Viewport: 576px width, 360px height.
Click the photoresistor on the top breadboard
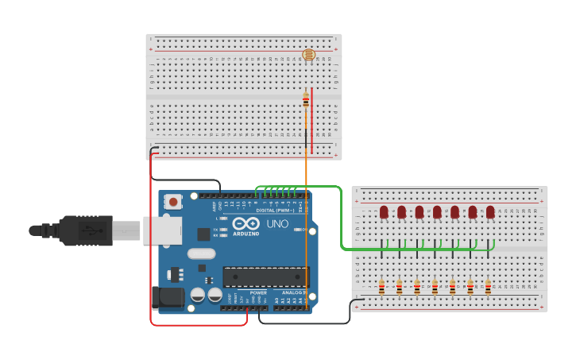coord(309,55)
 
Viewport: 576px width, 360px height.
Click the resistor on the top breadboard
coord(306,100)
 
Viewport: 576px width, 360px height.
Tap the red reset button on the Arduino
coord(173,202)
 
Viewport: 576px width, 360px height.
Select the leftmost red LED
coord(384,212)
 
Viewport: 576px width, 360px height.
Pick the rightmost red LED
coord(490,212)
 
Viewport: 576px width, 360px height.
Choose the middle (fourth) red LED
coord(437,212)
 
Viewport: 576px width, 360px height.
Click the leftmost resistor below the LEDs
coord(381,287)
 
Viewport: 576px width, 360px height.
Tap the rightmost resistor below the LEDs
coord(488,287)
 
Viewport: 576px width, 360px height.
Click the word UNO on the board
coord(277,224)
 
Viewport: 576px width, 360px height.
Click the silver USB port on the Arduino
coord(161,230)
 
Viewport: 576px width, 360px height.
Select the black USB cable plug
coord(83,230)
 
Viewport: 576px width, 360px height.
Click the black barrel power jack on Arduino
coord(168,297)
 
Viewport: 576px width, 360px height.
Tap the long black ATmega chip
coord(264,277)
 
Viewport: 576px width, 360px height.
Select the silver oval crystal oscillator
coord(202,254)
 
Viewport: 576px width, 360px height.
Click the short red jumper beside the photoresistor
coord(311,119)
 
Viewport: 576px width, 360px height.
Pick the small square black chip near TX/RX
coord(203,234)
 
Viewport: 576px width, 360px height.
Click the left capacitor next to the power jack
coord(198,295)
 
